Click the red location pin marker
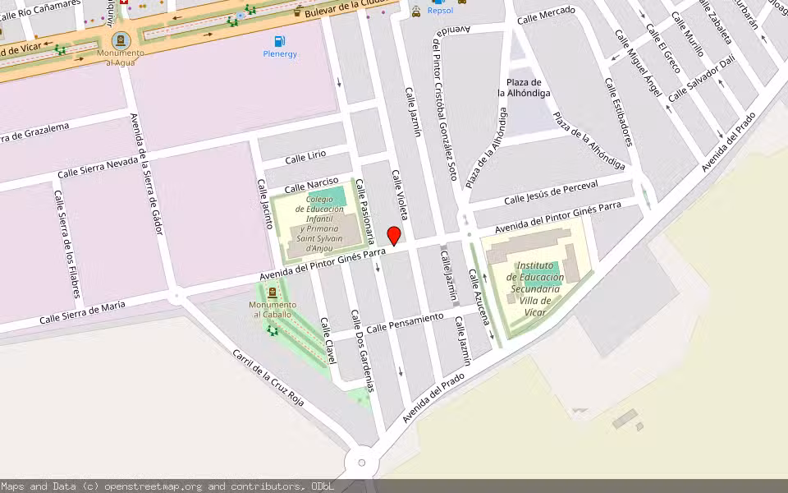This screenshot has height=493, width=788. (394, 236)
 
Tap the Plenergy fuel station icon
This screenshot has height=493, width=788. (280, 41)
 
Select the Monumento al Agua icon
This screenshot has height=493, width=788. (121, 39)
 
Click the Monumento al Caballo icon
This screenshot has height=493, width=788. (272, 293)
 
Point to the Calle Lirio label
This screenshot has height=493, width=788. (305, 157)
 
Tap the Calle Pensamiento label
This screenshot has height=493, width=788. (405, 322)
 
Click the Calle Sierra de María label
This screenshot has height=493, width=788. (83, 312)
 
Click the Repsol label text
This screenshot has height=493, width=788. (440, 12)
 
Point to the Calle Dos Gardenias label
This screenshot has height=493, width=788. (362, 351)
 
